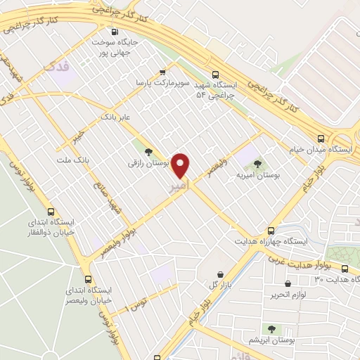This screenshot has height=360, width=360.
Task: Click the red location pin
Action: (x=181, y=165)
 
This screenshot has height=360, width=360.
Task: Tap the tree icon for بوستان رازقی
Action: (x=148, y=150)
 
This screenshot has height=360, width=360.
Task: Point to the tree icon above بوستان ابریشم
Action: (x=271, y=328)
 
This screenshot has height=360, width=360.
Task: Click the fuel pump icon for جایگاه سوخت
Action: (x=115, y=32)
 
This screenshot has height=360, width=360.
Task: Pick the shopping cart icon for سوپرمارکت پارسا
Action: (x=163, y=72)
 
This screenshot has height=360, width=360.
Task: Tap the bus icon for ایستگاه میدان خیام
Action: (x=321, y=139)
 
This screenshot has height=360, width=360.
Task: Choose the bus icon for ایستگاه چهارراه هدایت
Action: (x=271, y=230)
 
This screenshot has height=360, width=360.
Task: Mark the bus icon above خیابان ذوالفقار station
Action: (x=51, y=211)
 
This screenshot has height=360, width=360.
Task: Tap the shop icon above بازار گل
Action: (x=221, y=274)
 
